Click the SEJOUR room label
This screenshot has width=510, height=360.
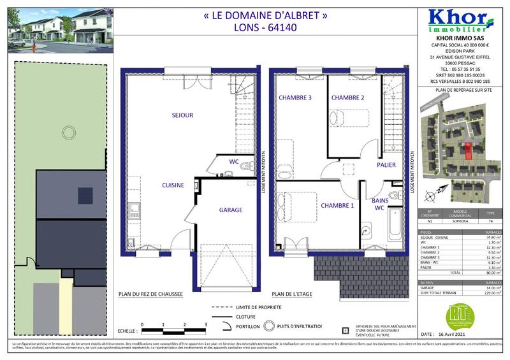click(x=182, y=115)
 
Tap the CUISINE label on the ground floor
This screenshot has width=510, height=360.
click(x=173, y=185)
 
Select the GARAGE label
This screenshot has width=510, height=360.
click(x=231, y=210)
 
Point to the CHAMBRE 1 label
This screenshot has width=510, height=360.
click(x=337, y=206)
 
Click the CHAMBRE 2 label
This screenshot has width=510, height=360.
click(x=347, y=97)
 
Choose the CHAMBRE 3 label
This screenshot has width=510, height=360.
click(x=295, y=97)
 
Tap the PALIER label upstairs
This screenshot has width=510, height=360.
click(x=386, y=165)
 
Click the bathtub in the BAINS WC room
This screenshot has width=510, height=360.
click(x=395, y=226)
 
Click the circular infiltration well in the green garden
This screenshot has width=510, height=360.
click(x=67, y=133)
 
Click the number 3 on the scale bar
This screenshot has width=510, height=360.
click(x=205, y=324)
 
